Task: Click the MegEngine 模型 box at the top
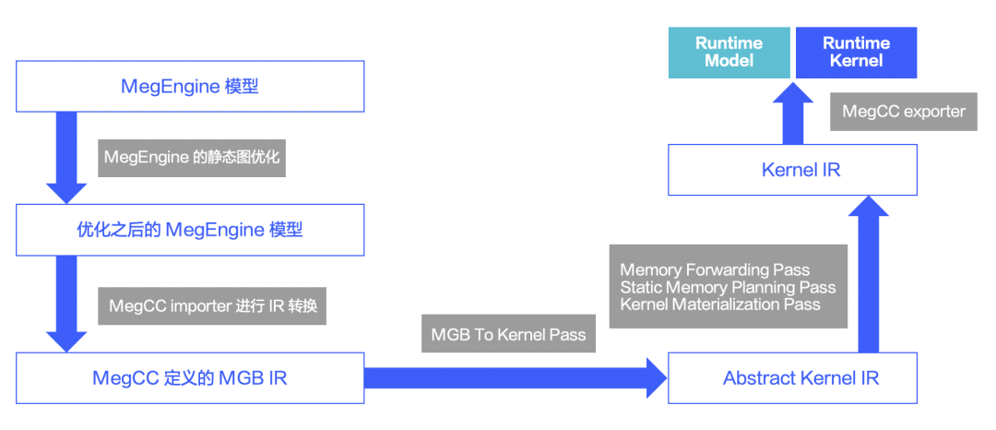pos(189,87)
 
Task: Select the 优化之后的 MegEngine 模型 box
pos(189,230)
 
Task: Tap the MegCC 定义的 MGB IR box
pos(189,377)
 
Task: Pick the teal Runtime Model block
pos(729,53)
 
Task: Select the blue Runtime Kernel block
pos(856,53)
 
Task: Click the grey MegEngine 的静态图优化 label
pos(191,158)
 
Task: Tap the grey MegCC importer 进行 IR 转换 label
pos(211,305)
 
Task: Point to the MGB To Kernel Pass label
pos(508,334)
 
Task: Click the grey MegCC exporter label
pos(903,112)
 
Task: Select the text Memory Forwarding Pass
pos(715,270)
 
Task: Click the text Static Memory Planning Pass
pos(728,287)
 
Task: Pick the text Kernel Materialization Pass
pos(719,305)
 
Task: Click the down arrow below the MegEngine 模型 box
pos(66,157)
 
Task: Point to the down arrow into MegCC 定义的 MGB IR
pos(66,305)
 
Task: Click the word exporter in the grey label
pos(933,112)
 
